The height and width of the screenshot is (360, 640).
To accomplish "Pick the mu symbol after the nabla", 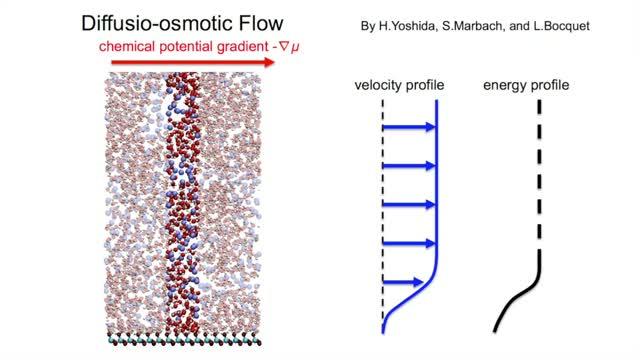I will coord(297,47).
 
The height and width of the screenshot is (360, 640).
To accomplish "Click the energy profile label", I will coord(526,86).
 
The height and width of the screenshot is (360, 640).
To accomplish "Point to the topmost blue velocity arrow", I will coord(410,127).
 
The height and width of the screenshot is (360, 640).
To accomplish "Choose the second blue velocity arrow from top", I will coord(410,166).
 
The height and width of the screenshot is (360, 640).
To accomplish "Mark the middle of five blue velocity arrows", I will coord(410,205).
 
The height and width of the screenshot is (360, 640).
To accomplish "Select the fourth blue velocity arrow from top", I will coord(410,243).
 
